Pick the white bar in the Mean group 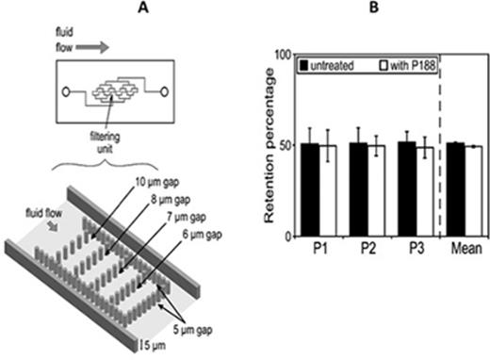(475, 191)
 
